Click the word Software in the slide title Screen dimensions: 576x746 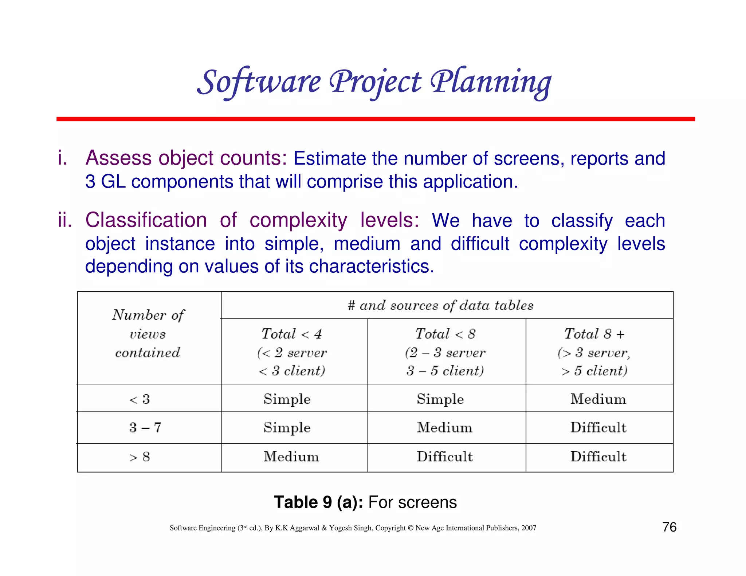click(259, 82)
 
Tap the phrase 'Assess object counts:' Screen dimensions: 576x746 click(186, 158)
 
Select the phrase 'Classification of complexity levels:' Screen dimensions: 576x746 click(252, 220)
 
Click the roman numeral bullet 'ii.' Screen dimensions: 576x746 click(65, 220)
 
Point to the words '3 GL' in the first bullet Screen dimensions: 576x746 click(105, 181)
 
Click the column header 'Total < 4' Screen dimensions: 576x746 click(292, 334)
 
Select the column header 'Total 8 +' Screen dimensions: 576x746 click(594, 334)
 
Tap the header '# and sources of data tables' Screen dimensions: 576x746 click(440, 305)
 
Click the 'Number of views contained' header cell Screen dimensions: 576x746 click(148, 334)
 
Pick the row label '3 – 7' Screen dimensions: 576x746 click(145, 427)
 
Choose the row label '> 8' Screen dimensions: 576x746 click(140, 457)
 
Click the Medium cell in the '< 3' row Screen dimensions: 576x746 click(598, 399)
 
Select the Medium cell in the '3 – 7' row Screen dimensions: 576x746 click(444, 427)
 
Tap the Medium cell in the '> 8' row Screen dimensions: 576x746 click(291, 457)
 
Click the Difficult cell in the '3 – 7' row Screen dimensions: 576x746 click(598, 427)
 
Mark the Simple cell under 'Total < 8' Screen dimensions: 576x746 click(440, 399)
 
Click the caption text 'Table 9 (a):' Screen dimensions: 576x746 click(318, 502)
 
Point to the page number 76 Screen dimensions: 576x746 click(669, 527)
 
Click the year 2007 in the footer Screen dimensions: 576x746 click(529, 528)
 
